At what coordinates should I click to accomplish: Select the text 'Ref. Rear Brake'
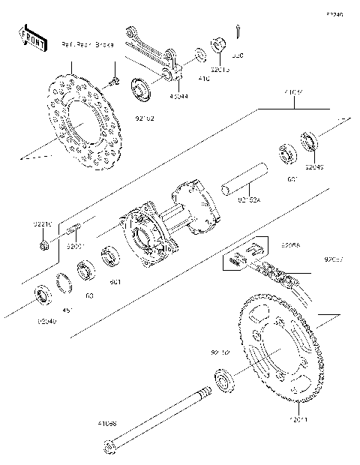87,45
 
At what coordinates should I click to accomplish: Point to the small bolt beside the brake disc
114,80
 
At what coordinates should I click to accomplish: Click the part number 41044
178,96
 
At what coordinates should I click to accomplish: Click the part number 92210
43,223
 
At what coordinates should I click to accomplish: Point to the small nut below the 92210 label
44,244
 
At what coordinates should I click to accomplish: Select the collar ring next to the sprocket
223,380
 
